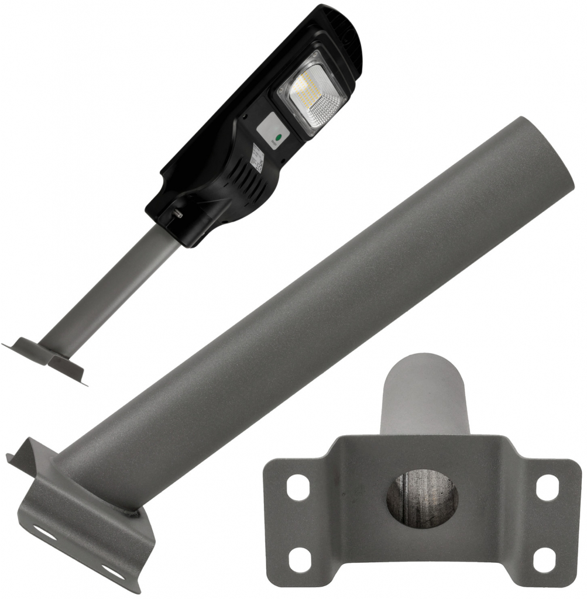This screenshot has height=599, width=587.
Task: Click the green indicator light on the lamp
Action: click(278, 139)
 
